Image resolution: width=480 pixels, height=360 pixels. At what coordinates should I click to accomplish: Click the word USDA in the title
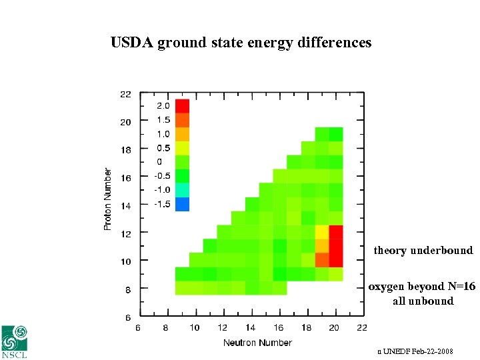(x=132, y=43)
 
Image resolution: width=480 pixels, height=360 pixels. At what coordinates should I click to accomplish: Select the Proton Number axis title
(x=108, y=199)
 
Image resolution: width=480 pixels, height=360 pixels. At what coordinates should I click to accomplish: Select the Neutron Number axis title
(x=257, y=343)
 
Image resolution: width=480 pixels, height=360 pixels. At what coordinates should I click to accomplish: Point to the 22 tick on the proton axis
(x=125, y=94)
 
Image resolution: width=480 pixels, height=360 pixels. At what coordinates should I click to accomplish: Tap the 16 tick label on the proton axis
(x=125, y=178)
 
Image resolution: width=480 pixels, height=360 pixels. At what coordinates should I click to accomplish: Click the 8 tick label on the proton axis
(x=127, y=289)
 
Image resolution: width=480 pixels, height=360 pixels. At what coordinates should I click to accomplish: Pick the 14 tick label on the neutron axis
(x=250, y=327)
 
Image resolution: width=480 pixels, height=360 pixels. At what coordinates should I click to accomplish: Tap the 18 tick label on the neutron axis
(x=306, y=327)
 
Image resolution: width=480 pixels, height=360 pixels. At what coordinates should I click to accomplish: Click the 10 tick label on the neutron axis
(x=194, y=327)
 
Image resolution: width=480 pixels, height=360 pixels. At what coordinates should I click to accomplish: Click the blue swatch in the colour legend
(x=182, y=204)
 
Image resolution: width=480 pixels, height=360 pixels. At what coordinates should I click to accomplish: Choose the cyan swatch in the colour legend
(x=182, y=190)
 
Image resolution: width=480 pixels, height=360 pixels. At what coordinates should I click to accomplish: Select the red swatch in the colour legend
(x=182, y=106)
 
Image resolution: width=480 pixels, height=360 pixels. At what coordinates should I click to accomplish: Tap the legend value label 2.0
(x=163, y=106)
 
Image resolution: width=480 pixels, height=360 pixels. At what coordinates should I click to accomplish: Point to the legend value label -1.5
(x=162, y=204)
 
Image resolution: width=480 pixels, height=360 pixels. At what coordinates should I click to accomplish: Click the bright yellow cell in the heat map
(x=321, y=232)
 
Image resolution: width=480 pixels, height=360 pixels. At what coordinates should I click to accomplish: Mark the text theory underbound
(x=423, y=251)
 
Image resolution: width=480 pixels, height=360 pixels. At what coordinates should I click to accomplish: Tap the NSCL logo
(x=15, y=341)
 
